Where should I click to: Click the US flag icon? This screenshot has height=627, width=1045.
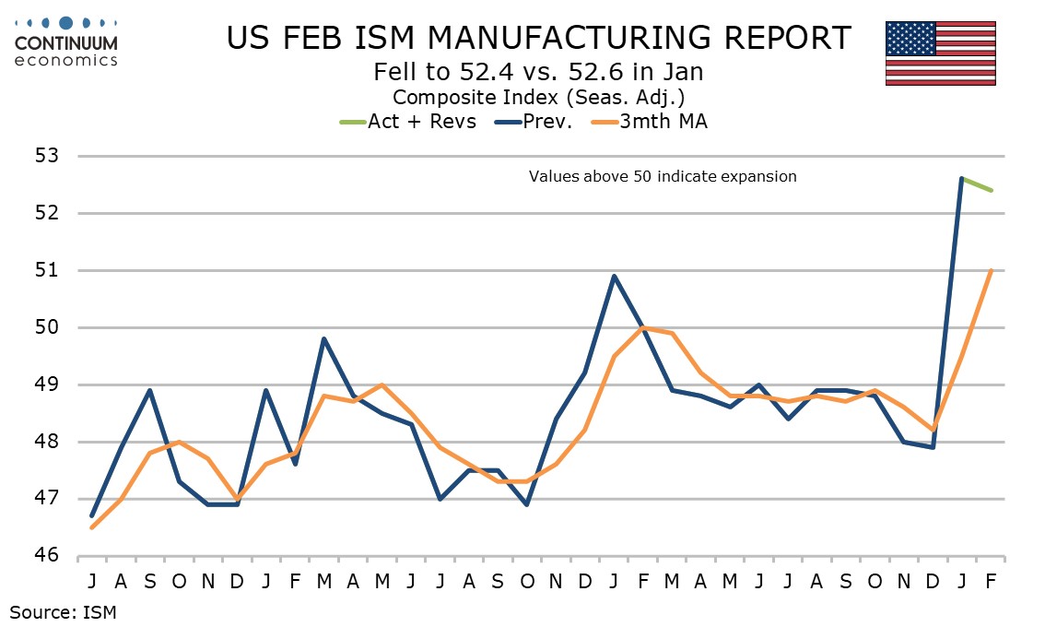coord(940,53)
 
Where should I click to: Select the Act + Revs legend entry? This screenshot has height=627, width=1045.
coord(409,121)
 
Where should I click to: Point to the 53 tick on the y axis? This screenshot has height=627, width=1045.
coord(47,156)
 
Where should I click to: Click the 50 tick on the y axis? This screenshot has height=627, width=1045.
coord(47,327)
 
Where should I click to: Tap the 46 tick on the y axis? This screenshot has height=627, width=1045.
coord(47,556)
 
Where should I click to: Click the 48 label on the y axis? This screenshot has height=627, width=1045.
coord(47,442)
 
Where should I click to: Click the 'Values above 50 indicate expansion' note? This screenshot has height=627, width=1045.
coord(663,176)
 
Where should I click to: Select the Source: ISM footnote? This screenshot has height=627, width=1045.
coord(64,610)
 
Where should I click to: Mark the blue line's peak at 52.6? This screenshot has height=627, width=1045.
coord(962,179)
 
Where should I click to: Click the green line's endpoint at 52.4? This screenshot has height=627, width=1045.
coord(991,190)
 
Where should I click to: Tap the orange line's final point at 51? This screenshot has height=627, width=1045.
coord(991,270)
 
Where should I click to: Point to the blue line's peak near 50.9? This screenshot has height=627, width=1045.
coord(614,276)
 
